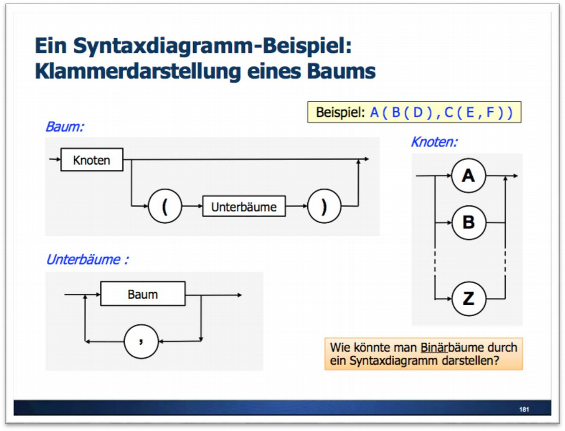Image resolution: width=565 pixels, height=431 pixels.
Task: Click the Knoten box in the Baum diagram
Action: pyautogui.click(x=91, y=160)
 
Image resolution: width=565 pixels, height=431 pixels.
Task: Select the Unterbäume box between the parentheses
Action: pyautogui.click(x=243, y=206)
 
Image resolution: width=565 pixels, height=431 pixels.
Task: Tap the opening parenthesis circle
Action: pyautogui.click(x=165, y=206)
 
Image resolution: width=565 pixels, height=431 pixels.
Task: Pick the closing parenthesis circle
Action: pyautogui.click(x=324, y=206)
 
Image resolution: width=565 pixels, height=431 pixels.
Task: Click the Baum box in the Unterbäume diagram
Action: pyautogui.click(x=143, y=294)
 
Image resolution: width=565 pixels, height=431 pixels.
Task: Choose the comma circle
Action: pyautogui.click(x=141, y=342)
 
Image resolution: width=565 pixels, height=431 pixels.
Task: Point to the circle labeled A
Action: pyautogui.click(x=468, y=176)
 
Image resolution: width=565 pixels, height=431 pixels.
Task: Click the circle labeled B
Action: pyautogui.click(x=468, y=222)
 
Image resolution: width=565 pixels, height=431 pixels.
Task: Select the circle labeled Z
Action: pyautogui.click(x=468, y=298)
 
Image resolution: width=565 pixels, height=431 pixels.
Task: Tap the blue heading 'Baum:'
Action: pyautogui.click(x=64, y=127)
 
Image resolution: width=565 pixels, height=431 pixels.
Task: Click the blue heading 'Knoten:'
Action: pyautogui.click(x=434, y=142)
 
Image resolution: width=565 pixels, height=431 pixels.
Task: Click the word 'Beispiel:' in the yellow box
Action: pyautogui.click(x=340, y=113)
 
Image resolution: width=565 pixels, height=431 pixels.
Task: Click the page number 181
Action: pyautogui.click(x=524, y=409)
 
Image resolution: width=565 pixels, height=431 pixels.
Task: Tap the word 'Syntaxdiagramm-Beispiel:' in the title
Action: pyautogui.click(x=212, y=46)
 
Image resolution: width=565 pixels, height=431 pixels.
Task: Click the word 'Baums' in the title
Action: pyautogui.click(x=348, y=71)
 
